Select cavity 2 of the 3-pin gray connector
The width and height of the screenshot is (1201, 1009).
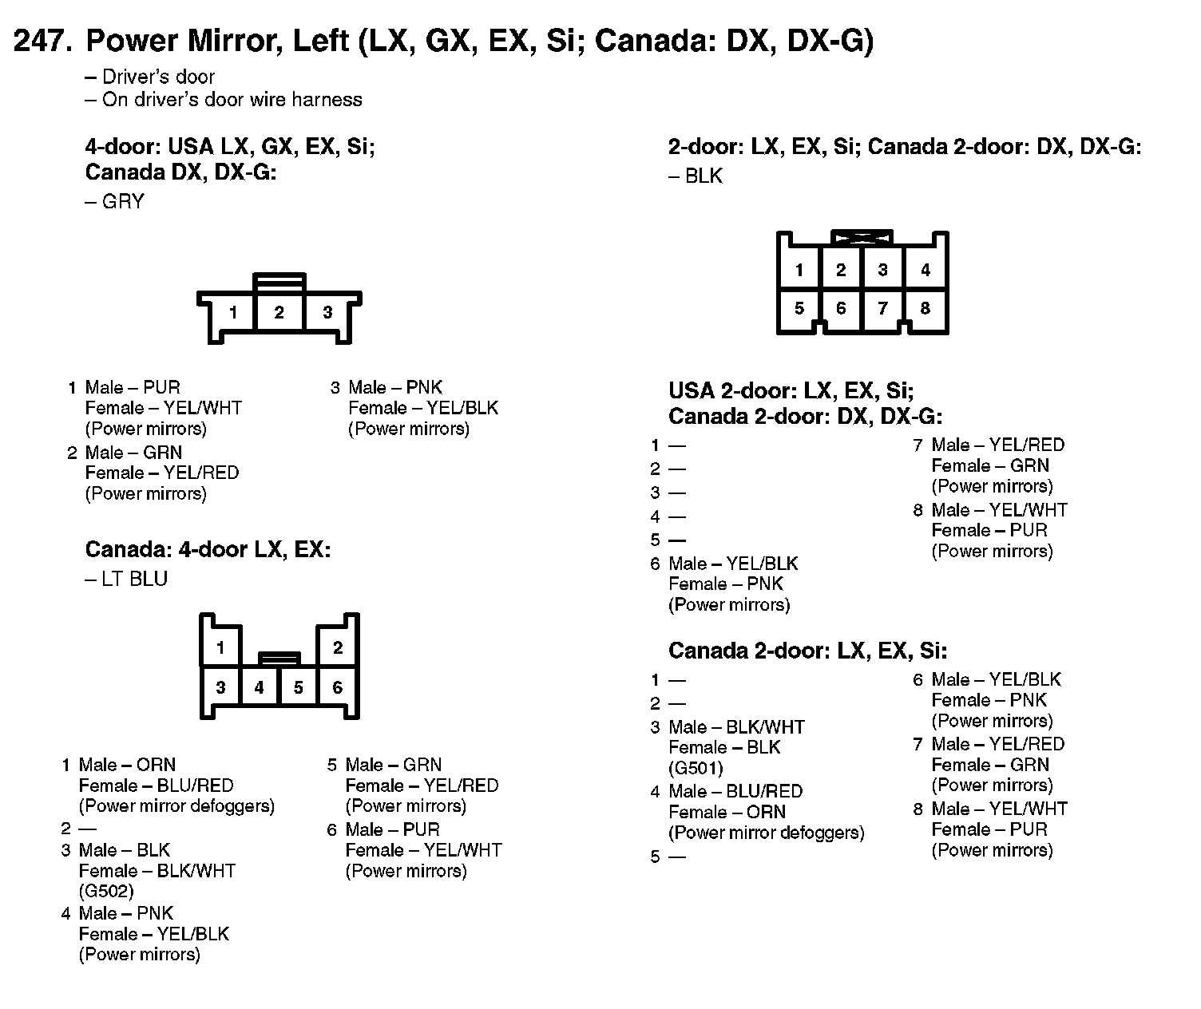coord(279,312)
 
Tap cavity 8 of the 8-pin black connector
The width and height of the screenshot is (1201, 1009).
coord(925,309)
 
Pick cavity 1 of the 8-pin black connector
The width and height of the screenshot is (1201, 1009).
coord(799,271)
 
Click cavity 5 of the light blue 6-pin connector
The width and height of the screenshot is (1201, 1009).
coord(298,687)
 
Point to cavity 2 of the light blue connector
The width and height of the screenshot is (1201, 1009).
coord(338,647)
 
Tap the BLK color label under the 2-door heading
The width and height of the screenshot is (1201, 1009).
coord(704,176)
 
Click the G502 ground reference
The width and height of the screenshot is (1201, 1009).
coord(106,891)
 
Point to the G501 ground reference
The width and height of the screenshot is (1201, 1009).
coord(696,768)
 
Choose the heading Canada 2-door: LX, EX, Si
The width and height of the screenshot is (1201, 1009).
coord(807,651)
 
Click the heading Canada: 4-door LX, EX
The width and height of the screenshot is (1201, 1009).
coord(208,550)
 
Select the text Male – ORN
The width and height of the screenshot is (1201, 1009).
coord(127,765)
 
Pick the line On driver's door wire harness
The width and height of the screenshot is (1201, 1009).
coord(232,100)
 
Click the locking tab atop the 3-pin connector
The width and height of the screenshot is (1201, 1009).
coord(279,281)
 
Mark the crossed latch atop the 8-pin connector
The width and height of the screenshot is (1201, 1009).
coord(862,237)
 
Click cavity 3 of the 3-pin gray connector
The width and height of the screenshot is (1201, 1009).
coord(327,312)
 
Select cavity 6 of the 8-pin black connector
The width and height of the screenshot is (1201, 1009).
coord(841,309)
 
